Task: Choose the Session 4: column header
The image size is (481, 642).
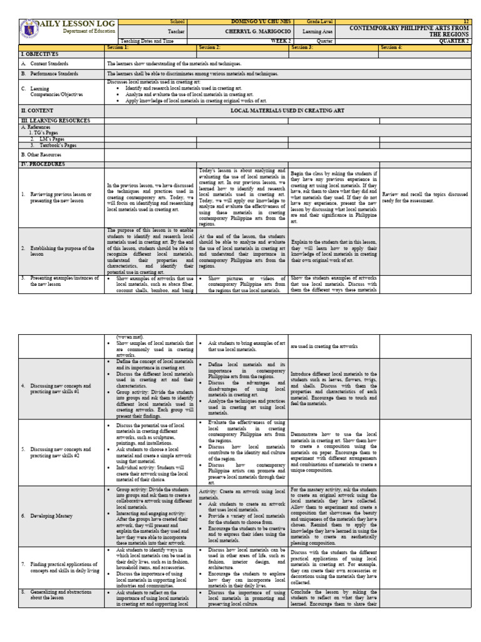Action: (392, 47)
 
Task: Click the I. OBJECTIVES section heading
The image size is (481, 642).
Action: (39, 55)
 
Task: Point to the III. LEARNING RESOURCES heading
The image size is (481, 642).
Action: (55, 120)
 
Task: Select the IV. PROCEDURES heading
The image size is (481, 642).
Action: (42, 164)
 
